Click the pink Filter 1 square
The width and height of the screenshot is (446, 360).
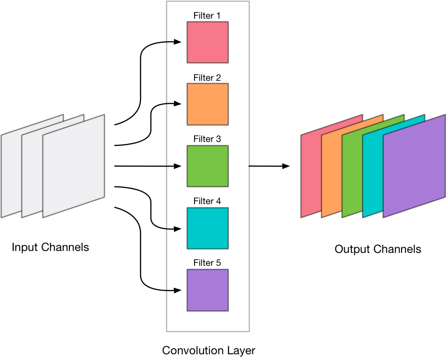(207, 42)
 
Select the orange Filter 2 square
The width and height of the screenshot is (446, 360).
(207, 104)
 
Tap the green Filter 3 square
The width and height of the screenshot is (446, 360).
(207, 166)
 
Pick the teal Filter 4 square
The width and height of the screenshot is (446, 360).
(207, 228)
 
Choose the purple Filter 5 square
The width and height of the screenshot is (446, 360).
(207, 290)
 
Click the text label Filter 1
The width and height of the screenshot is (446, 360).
(207, 16)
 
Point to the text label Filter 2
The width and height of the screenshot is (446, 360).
(207, 77)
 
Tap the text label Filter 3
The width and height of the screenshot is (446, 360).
(207, 139)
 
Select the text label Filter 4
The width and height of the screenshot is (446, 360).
(207, 201)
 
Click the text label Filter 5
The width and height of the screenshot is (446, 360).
(207, 263)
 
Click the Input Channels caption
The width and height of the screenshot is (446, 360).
(50, 247)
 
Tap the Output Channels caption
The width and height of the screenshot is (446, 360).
(378, 249)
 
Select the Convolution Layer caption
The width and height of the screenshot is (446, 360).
(208, 350)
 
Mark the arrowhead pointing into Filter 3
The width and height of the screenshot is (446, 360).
(178, 166)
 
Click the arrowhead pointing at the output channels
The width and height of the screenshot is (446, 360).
(286, 166)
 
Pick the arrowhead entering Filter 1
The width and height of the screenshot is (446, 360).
(178, 42)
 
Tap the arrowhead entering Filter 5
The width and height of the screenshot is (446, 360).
(178, 290)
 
